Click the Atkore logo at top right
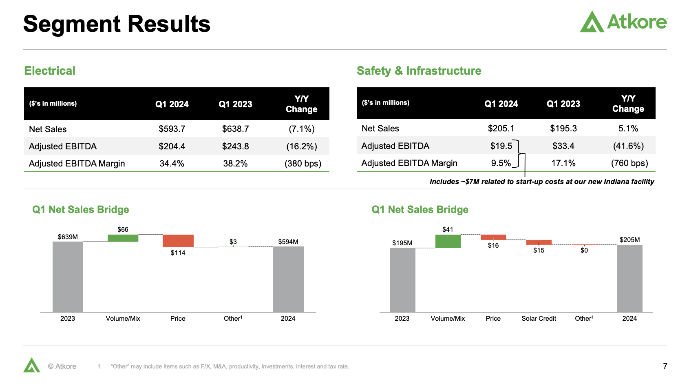point(623,22)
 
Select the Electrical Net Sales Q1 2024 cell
point(172,129)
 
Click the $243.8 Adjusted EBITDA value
point(235,146)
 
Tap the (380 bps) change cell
point(303,164)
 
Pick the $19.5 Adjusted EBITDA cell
point(501,146)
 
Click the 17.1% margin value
point(563,163)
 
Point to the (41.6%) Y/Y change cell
point(628,146)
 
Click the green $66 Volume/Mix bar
point(123,238)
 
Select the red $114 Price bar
point(178,241)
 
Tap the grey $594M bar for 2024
point(288,279)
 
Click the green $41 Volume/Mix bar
point(448,242)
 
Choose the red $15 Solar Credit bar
point(539,242)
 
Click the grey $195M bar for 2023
point(402,280)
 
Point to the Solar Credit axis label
point(539,318)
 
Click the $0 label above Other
point(584,251)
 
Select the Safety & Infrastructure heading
point(419,71)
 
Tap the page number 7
point(665,366)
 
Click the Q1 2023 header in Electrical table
point(235,104)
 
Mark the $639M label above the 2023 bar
point(68,237)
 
